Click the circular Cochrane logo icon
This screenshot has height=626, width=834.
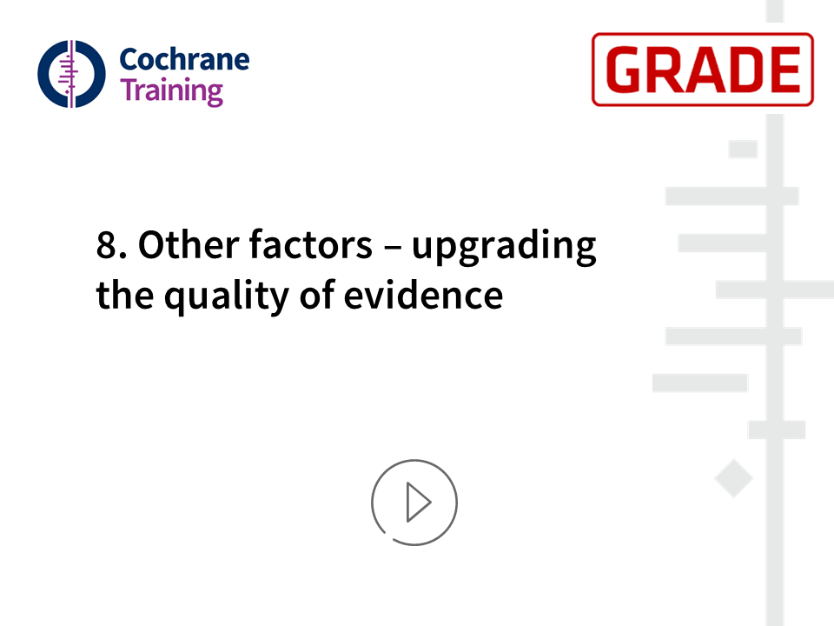point(71,74)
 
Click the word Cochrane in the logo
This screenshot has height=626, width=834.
point(184,59)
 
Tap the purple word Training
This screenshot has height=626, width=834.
point(171,91)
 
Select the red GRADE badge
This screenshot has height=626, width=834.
point(703,70)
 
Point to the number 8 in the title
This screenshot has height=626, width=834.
point(106,245)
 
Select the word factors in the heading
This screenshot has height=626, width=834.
point(311,244)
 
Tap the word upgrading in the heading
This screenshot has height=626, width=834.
point(504,247)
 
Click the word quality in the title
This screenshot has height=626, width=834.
point(227,296)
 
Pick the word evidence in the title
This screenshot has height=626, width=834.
point(423,295)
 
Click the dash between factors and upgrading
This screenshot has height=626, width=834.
point(392,247)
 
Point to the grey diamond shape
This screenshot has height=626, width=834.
point(733,478)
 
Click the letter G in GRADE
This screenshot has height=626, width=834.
point(625,70)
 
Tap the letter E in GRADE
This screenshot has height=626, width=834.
point(784,70)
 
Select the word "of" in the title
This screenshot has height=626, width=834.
point(316,295)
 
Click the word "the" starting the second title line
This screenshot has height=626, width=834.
point(125,295)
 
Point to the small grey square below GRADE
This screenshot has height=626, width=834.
point(743,149)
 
